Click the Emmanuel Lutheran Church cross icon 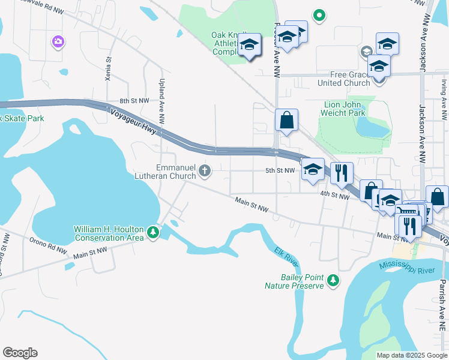tap(205, 172)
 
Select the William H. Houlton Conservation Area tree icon tap(154, 232)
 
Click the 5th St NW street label tap(280, 170)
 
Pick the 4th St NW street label tap(334, 195)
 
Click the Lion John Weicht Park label tap(344, 108)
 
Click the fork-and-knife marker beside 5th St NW tap(342, 173)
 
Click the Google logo tap(20, 352)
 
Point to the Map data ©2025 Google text tap(411, 355)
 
